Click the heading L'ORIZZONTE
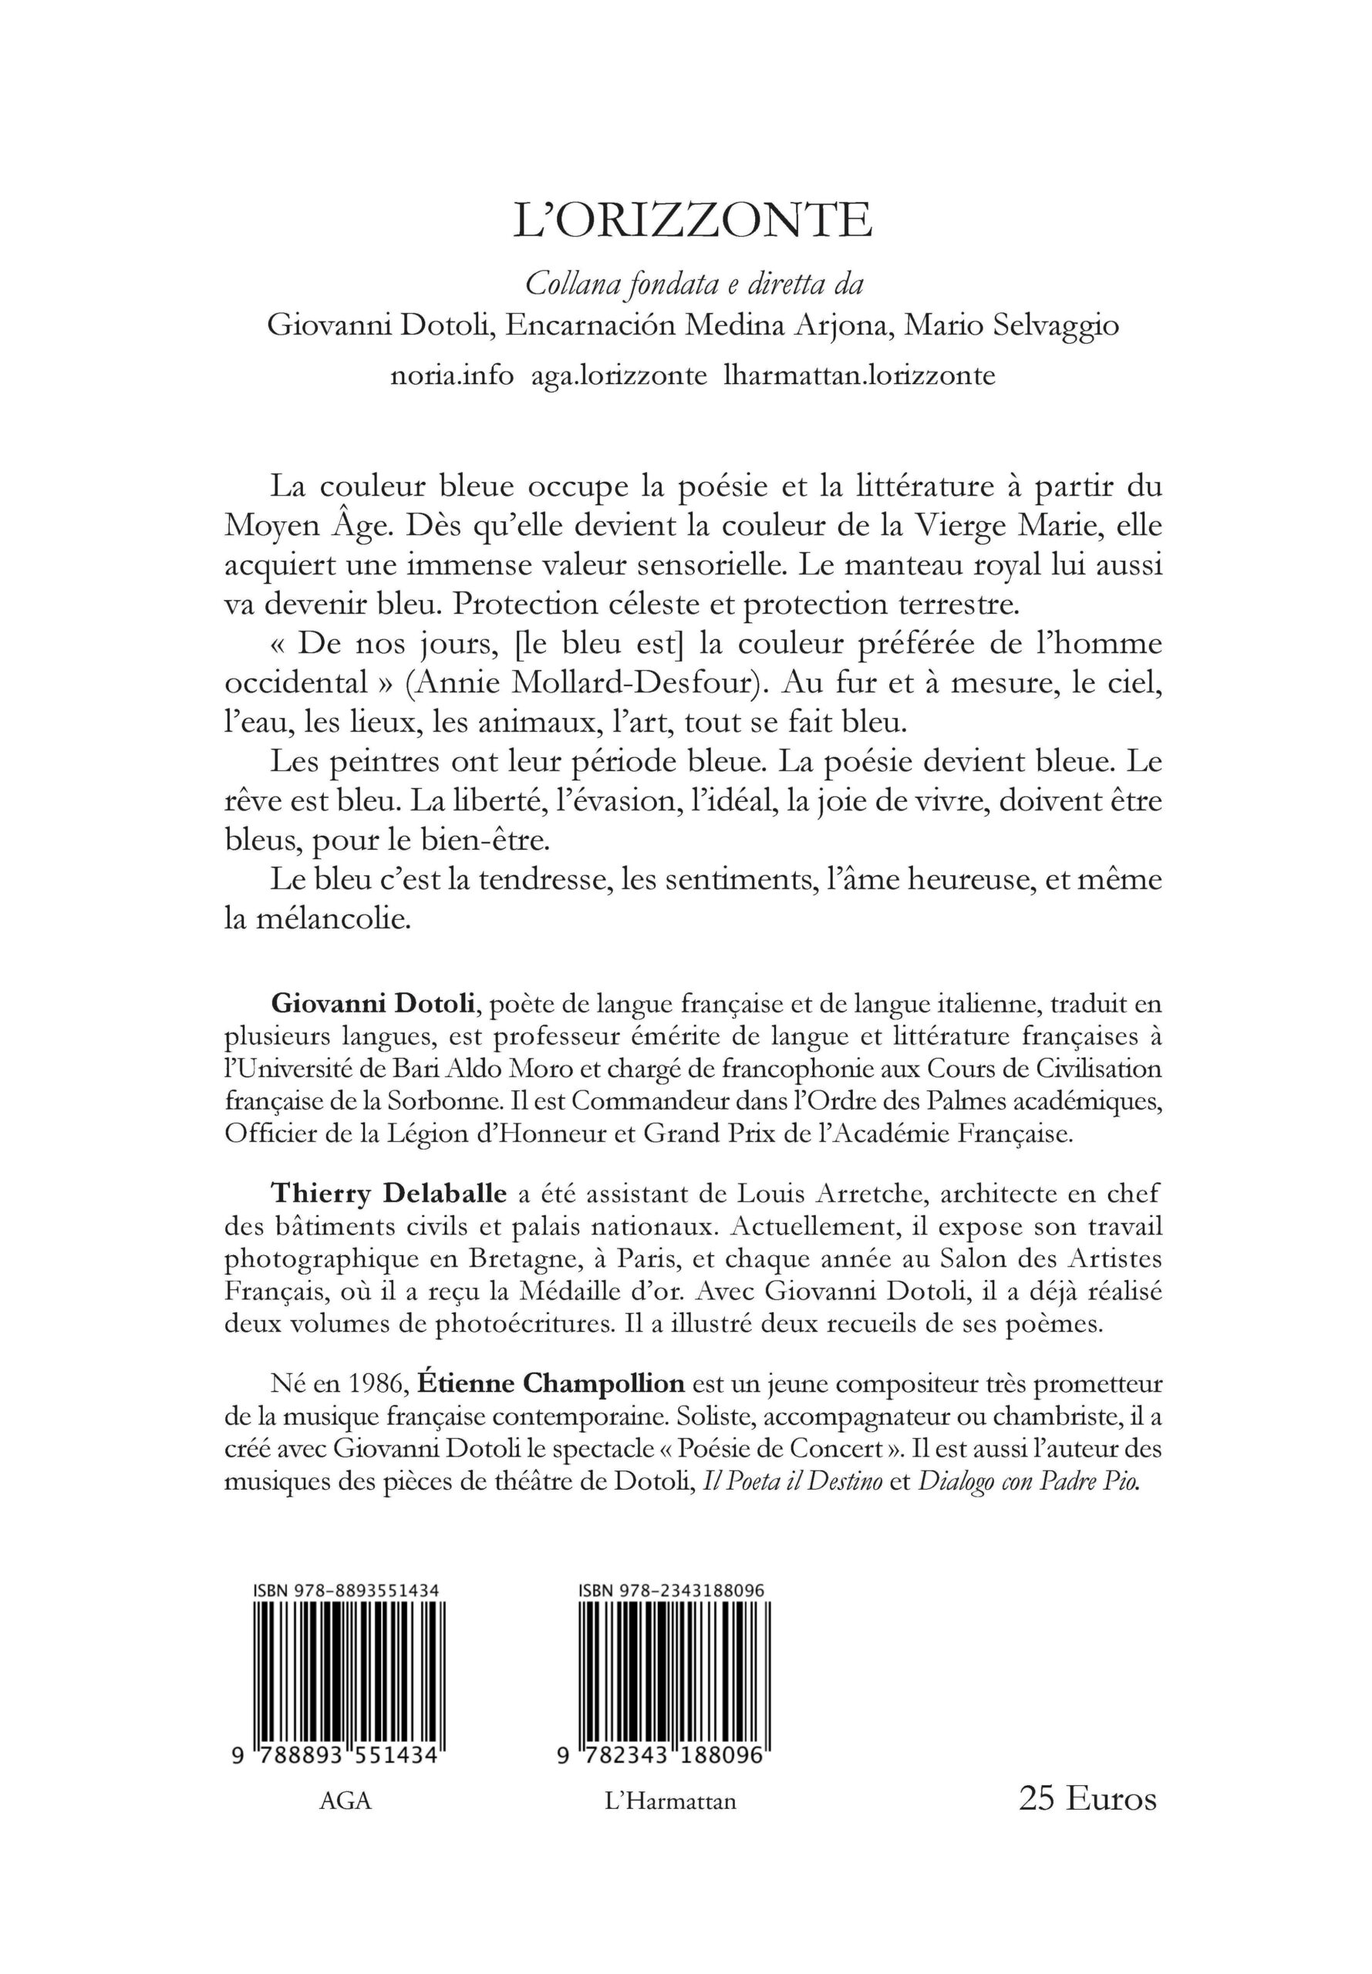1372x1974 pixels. (x=693, y=221)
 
